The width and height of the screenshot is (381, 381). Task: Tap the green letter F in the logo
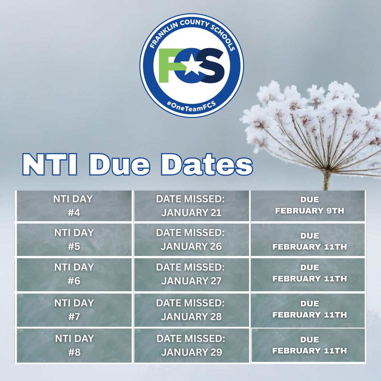[167, 65]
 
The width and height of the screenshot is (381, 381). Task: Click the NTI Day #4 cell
[73, 206]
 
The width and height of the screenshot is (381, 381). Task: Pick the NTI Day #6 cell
[73, 274]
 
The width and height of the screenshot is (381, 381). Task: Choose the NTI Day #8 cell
[73, 345]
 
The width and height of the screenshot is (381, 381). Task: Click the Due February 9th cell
[309, 205]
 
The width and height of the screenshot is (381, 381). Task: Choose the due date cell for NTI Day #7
[309, 310]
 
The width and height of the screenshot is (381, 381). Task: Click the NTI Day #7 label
[73, 310]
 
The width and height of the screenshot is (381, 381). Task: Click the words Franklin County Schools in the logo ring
[192, 33]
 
